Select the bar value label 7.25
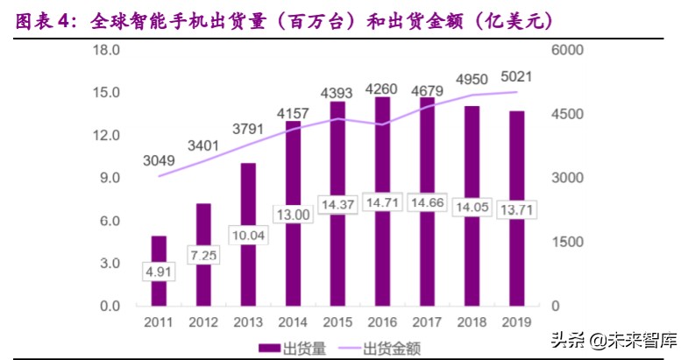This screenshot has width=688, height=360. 203,254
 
